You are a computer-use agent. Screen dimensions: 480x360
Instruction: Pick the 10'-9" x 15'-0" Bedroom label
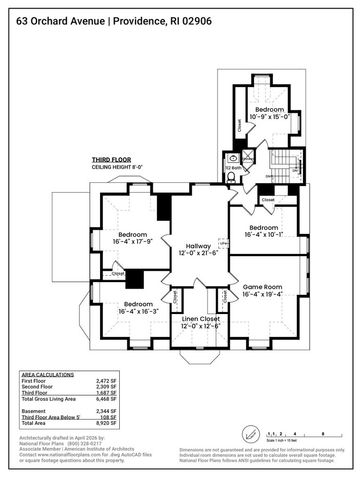pyautogui.click(x=268, y=112)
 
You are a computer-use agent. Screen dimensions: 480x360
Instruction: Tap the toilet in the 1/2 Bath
pyautogui.click(x=232, y=175)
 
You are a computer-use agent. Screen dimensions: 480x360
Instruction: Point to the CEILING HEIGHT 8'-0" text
pyautogui.click(x=119, y=166)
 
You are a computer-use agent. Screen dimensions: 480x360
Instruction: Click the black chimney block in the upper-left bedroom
pyautogui.click(x=165, y=207)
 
